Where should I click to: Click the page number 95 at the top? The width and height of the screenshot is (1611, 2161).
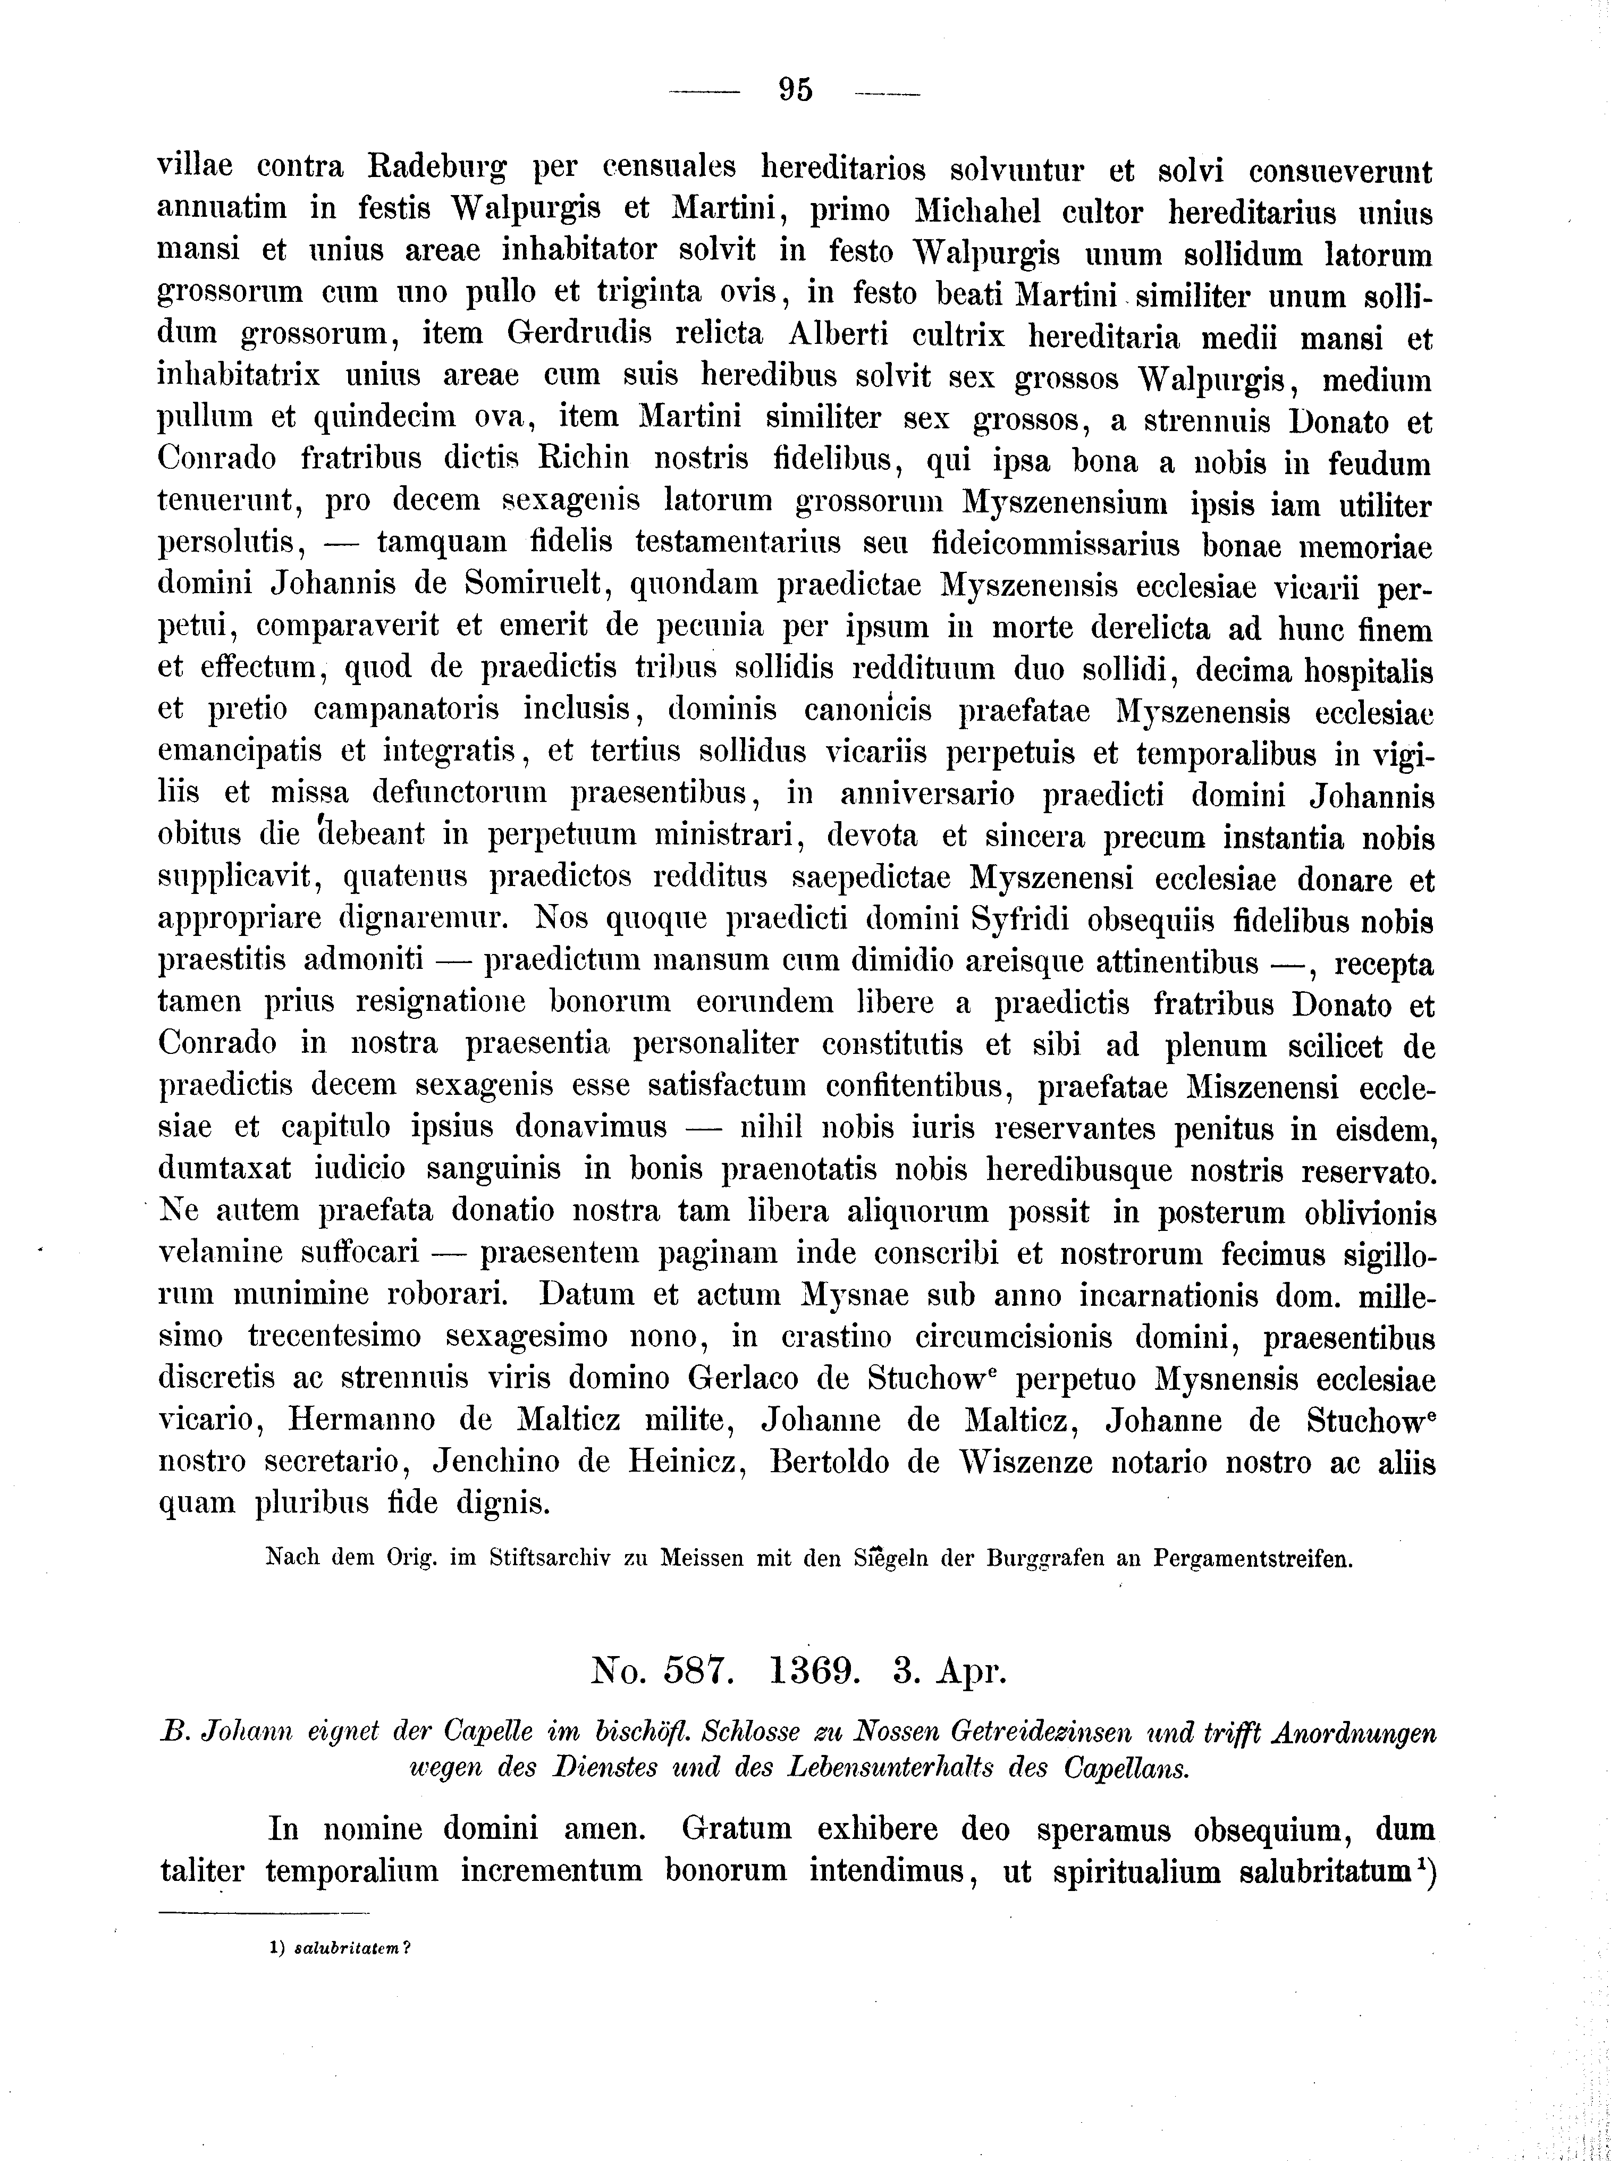click(x=796, y=90)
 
